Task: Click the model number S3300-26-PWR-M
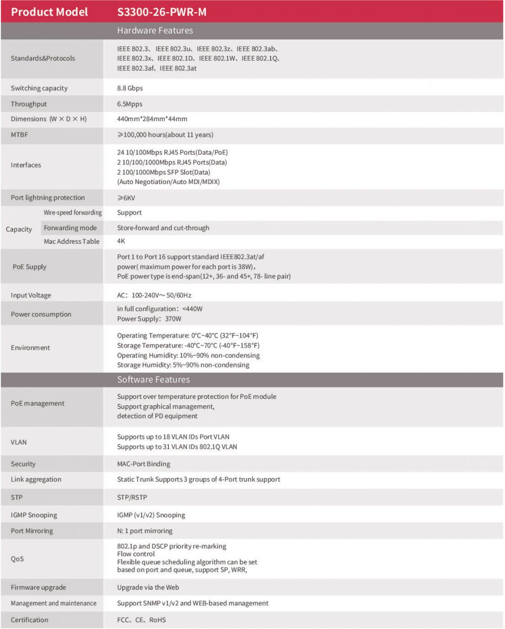pyautogui.click(x=162, y=12)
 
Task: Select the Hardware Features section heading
pyautogui.click(x=155, y=30)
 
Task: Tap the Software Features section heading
pyautogui.click(x=153, y=379)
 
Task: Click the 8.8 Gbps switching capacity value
pyautogui.click(x=130, y=88)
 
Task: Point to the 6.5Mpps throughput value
pyautogui.click(x=130, y=104)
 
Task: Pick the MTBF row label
pyautogui.click(x=19, y=135)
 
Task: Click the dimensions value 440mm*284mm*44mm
pyautogui.click(x=152, y=119)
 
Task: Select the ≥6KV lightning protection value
pyautogui.click(x=126, y=198)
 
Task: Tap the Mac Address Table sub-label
pyautogui.click(x=71, y=242)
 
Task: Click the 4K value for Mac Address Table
pyautogui.click(x=121, y=242)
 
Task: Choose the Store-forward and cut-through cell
pyautogui.click(x=163, y=228)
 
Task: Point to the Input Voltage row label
pyautogui.click(x=31, y=296)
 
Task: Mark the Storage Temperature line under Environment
pyautogui.click(x=188, y=345)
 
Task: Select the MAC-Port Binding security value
pyautogui.click(x=144, y=464)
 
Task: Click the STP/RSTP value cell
pyautogui.click(x=133, y=497)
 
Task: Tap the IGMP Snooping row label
pyautogui.click(x=34, y=515)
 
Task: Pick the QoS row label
pyautogui.click(x=17, y=559)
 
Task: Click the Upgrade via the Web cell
pyautogui.click(x=148, y=588)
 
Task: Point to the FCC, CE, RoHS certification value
pyautogui.click(x=142, y=620)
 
